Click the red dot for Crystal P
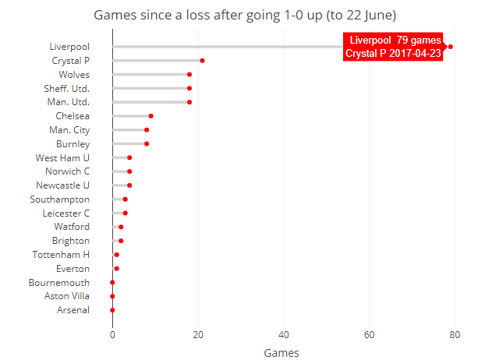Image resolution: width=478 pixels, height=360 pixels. (x=202, y=60)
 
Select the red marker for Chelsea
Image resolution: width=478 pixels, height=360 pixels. (x=150, y=115)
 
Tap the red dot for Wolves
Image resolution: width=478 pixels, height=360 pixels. (x=189, y=74)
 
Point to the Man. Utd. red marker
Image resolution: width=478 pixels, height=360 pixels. (x=189, y=102)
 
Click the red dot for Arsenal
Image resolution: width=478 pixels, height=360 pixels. (x=112, y=310)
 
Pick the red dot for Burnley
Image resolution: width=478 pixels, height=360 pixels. (x=147, y=143)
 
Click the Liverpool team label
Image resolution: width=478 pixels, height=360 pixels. (x=69, y=47)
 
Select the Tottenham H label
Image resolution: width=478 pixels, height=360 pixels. (x=61, y=255)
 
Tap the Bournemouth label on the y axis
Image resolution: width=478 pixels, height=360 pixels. (x=59, y=282)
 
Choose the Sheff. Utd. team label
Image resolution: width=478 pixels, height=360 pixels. (x=67, y=88)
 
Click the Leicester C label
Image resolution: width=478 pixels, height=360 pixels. (x=66, y=213)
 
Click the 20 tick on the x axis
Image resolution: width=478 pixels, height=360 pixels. (x=198, y=335)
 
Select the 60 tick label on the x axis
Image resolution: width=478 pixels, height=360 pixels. (x=369, y=335)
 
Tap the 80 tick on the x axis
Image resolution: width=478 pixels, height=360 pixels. (x=455, y=335)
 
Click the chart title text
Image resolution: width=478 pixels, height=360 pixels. (x=244, y=15)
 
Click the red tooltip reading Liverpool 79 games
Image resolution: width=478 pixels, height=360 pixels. (x=393, y=47)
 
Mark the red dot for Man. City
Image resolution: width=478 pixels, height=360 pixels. (x=147, y=129)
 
